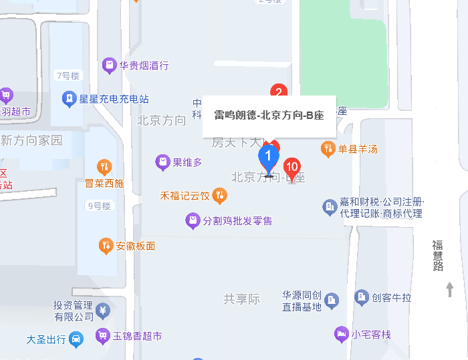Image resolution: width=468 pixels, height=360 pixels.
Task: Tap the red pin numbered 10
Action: click(292, 167)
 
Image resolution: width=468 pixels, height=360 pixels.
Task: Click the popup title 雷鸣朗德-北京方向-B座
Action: click(269, 115)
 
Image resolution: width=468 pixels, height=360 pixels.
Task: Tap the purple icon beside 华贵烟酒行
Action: click(109, 65)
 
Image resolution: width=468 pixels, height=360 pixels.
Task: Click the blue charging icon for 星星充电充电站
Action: click(69, 100)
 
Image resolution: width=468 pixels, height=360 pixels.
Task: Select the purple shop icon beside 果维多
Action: click(162, 162)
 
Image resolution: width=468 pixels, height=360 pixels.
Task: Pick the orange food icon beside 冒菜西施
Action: click(104, 166)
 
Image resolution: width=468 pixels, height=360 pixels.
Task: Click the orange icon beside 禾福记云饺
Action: click(219, 196)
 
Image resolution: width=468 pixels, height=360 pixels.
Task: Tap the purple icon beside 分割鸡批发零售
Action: click(193, 220)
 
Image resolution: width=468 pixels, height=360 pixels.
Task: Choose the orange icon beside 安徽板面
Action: click(106, 246)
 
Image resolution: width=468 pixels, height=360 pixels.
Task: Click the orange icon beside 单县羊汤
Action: click(328, 149)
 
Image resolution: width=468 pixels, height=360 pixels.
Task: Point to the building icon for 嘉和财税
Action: click(330, 208)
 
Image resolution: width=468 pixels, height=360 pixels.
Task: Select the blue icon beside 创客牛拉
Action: click(362, 297)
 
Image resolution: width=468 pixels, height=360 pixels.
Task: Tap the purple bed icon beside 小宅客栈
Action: click(341, 333)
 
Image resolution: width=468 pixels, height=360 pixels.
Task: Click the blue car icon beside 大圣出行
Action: click(77, 339)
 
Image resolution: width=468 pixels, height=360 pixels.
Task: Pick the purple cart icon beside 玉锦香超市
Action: click(102, 336)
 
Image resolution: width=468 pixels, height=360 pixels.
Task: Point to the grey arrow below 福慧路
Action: click(450, 289)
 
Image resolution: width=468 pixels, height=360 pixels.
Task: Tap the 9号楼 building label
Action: click(98, 206)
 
